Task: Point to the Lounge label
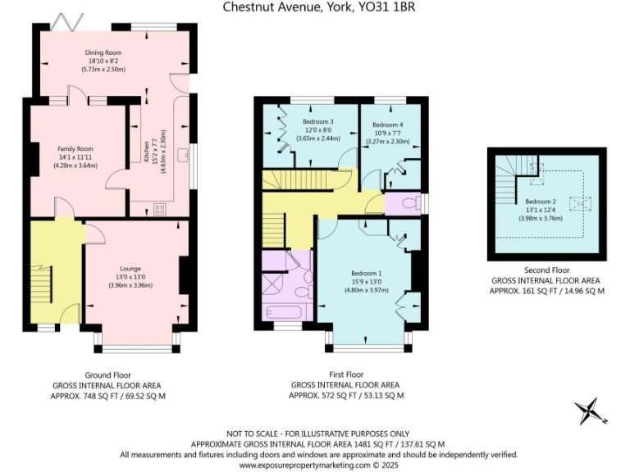(x=130, y=269)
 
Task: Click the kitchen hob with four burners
(x=159, y=209)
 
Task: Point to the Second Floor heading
(x=546, y=270)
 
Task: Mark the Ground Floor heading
(x=107, y=374)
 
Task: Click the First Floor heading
(x=345, y=374)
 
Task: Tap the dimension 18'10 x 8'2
(x=104, y=61)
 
